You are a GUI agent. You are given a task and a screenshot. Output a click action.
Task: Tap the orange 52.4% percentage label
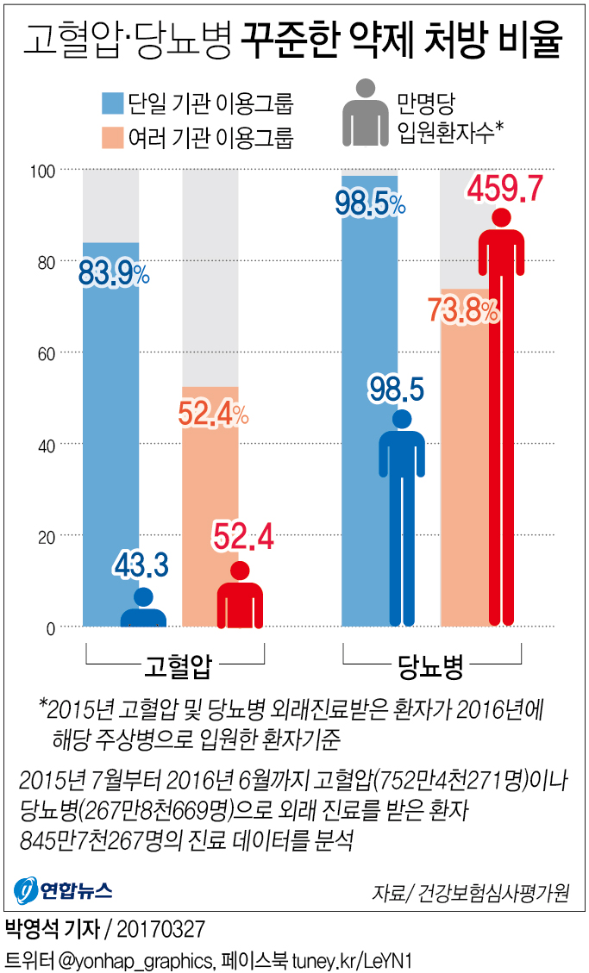coord(212,415)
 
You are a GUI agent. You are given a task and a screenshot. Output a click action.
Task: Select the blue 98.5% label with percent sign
coord(369,204)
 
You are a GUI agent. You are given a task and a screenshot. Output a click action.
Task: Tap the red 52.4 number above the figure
coord(242,538)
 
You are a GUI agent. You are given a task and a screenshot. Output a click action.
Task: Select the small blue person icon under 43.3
coord(143,607)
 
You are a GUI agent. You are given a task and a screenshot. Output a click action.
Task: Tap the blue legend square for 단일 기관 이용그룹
coord(111,103)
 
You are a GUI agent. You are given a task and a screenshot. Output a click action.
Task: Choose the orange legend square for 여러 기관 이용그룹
coord(111,137)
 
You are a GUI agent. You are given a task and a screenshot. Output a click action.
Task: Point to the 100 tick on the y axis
coord(42,171)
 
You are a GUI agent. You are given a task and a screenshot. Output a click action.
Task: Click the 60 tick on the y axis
coord(46,353)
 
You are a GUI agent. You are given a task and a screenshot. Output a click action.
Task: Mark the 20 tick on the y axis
coord(46,536)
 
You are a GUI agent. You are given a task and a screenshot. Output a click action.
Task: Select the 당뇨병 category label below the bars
coord(431,664)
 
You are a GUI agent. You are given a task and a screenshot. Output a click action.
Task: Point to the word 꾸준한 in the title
coord(291,41)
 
